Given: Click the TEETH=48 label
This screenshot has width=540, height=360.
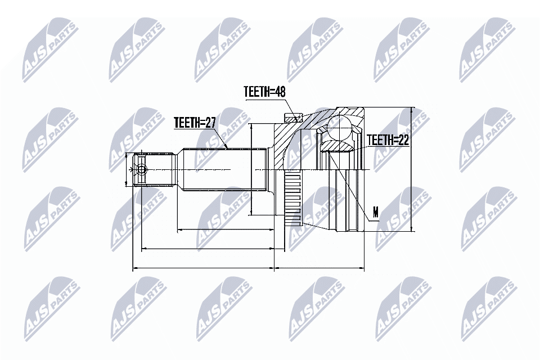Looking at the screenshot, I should [264, 92].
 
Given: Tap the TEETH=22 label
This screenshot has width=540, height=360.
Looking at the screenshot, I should [388, 140].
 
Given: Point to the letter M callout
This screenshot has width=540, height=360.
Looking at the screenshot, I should [376, 212].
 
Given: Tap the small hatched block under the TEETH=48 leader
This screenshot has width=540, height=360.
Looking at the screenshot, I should [291, 118].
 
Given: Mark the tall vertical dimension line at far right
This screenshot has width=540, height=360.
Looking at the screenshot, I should [412, 169].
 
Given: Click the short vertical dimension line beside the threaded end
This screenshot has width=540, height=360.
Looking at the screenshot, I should [125, 169].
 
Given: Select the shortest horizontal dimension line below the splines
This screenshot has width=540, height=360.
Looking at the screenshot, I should [225, 230].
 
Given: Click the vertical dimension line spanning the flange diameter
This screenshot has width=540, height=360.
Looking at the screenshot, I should [251, 169].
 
